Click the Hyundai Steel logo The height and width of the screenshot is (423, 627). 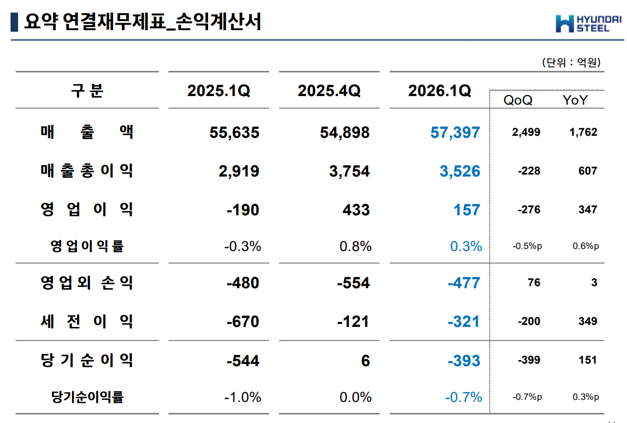pos(588,23)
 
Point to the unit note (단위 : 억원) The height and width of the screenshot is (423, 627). pos(571,63)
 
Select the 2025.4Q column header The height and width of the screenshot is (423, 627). pos(329,91)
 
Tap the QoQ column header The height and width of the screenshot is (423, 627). pos(518,100)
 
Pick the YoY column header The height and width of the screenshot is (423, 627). pos(575,100)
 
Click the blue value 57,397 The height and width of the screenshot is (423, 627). pos(455,133)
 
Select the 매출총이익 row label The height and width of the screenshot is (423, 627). pos(87,171)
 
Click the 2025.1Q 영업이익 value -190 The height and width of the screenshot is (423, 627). pos(243,210)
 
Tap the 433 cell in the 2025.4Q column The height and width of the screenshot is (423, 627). pos(356,210)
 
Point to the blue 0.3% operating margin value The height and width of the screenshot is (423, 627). pos(466,246)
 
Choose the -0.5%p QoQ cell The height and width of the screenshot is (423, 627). pos(527,246)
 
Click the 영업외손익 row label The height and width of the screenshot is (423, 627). pos(87,283)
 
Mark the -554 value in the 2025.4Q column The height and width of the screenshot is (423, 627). pos(353,283)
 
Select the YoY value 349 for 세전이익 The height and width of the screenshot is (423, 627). pos(587,321)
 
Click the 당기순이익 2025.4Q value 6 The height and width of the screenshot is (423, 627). pos(365,361)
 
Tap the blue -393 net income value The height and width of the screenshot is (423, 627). pos(464,361)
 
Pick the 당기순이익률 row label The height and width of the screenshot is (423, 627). pos(87,397)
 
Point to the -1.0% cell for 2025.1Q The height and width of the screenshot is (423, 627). pos(242,397)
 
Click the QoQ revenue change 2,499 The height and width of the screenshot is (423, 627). pos(526,133)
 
